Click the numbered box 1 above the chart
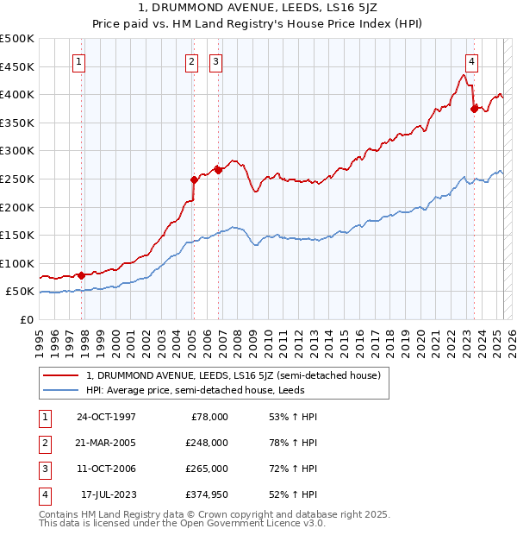coord(78,61)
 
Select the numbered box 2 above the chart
coord(190,61)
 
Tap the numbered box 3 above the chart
coord(215,61)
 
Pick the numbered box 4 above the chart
coord(472,61)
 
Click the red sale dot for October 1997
coord(81,275)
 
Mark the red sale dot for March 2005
coord(194,179)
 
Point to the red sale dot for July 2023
coord(474,108)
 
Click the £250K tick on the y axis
coord(18,179)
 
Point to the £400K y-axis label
coord(18,94)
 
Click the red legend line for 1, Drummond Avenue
coord(61,375)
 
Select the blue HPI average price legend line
coord(61,391)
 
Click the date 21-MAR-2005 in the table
coord(107,443)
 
